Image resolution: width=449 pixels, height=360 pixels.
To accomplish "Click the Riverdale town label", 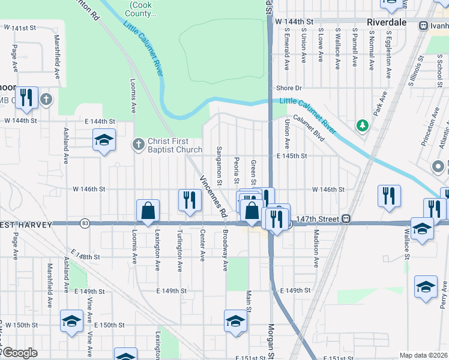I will tap(387, 22).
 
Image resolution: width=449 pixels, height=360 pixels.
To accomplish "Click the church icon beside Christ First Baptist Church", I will tap(137, 143).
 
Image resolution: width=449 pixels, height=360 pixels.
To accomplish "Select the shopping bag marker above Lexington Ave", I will tap(148, 211).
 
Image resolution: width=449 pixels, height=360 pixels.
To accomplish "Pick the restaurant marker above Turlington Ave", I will tap(190, 200).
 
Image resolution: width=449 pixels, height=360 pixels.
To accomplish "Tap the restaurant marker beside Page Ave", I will tap(26, 98).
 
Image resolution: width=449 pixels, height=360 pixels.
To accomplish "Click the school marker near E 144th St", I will tap(104, 141).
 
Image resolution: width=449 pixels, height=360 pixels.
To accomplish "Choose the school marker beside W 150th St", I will tap(71, 322).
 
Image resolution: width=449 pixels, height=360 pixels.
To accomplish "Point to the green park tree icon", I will tap(362, 125).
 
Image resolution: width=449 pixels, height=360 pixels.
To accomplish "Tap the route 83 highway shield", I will tap(85, 223).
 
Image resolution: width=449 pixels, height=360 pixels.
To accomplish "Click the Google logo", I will tap(19, 353).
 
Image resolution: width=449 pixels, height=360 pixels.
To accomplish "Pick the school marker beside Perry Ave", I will tap(426, 286).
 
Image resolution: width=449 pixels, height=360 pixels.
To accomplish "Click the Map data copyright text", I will tap(423, 355).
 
